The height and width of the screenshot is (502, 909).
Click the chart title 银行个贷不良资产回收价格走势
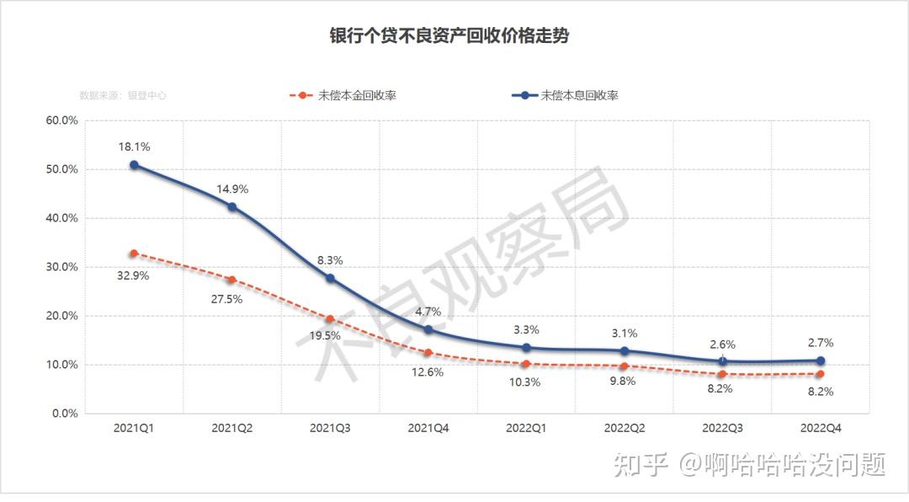(454, 35)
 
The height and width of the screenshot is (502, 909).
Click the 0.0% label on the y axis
(64, 414)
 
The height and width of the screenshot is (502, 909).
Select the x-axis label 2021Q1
(134, 429)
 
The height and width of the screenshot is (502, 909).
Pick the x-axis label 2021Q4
(428, 429)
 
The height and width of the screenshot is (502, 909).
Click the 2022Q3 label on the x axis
(723, 429)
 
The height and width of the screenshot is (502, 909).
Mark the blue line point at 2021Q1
(134, 165)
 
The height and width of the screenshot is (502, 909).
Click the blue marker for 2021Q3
(330, 278)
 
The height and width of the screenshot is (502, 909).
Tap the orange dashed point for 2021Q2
(232, 280)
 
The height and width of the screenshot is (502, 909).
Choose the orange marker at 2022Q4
(821, 373)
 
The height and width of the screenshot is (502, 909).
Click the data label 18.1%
(134, 147)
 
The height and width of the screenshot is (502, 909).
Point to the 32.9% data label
(133, 275)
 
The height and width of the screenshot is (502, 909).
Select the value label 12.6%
(428, 372)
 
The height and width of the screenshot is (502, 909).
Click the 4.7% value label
(428, 312)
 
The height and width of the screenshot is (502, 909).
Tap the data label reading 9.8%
(624, 381)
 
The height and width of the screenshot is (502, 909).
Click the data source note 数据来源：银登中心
(123, 96)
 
